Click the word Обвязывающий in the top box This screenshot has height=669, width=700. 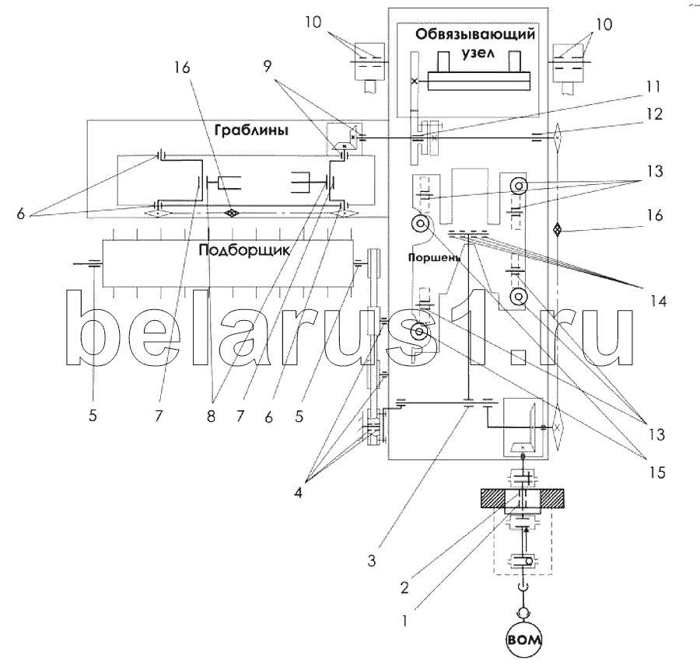point(475,35)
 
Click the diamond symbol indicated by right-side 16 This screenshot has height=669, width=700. point(557,230)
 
